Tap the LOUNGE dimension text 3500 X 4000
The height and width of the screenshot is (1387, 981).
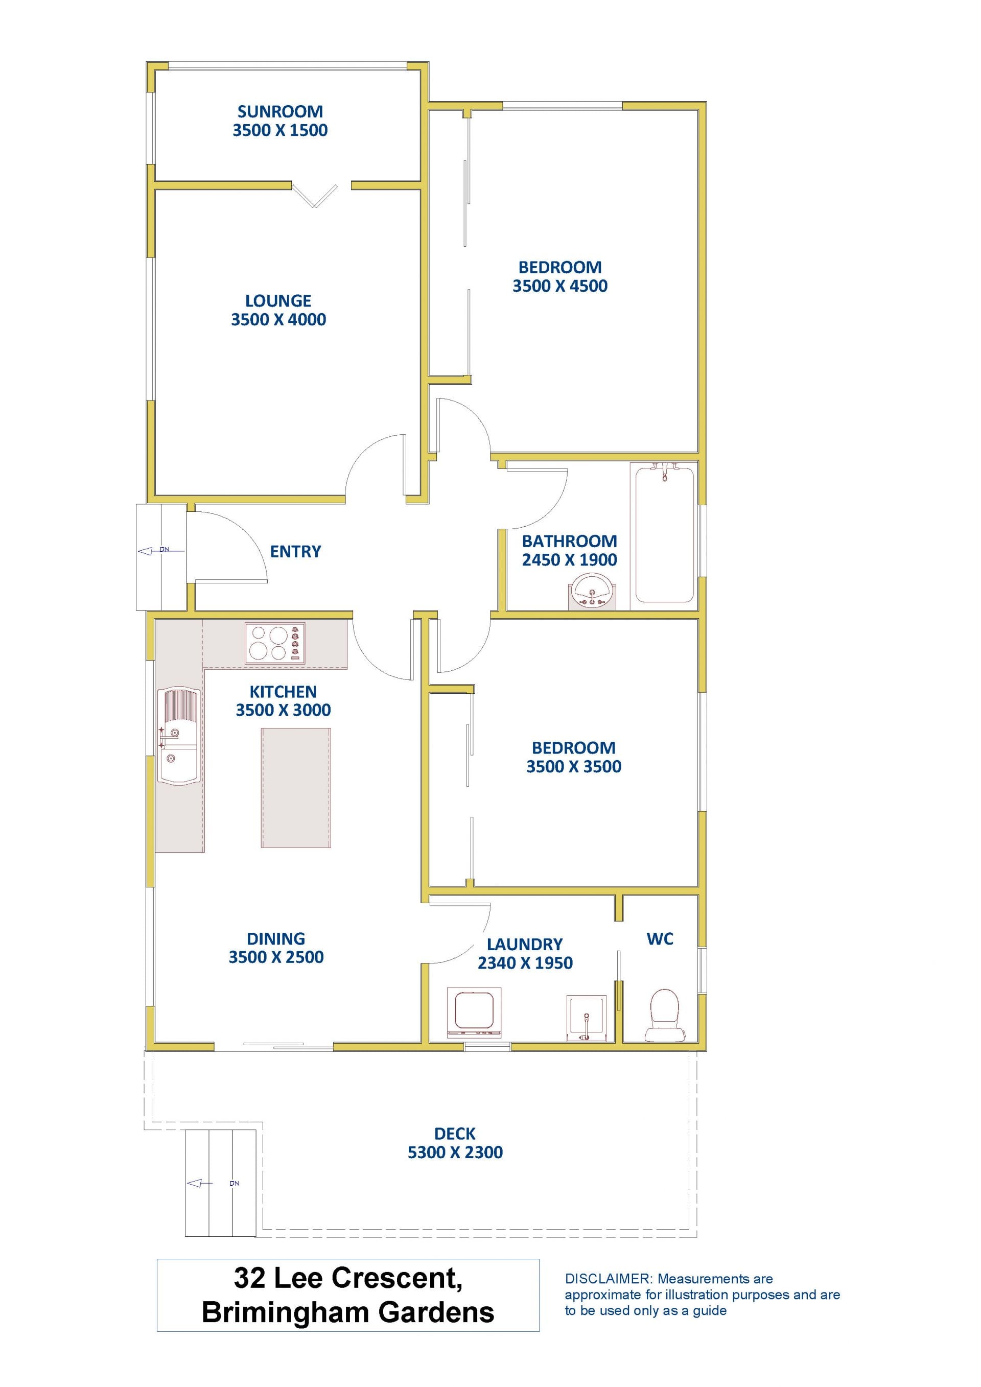click(278, 320)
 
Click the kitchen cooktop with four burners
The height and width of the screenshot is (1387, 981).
click(275, 643)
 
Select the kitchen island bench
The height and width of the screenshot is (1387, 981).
click(296, 788)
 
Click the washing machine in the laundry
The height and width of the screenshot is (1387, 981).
click(474, 1013)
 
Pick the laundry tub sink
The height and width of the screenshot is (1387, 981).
click(587, 1019)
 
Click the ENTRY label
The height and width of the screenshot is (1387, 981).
click(295, 552)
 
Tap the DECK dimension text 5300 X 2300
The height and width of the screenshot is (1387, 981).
click(455, 1153)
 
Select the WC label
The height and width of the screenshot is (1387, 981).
click(660, 939)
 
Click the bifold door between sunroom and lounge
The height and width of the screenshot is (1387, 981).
click(315, 195)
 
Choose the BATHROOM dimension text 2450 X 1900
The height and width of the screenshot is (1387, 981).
click(570, 560)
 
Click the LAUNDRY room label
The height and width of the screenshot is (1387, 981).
click(525, 944)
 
